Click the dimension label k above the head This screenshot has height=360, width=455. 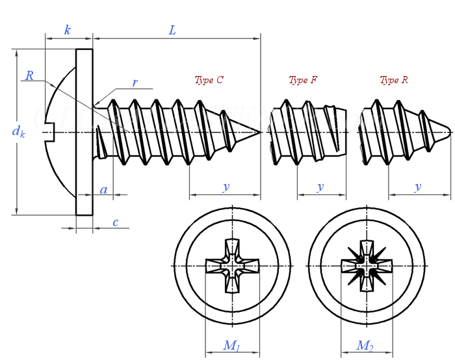pyautogui.click(x=68, y=30)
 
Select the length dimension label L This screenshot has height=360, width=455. pyautogui.click(x=172, y=30)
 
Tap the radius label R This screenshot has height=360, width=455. pyautogui.click(x=29, y=76)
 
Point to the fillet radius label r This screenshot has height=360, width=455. pyautogui.click(x=135, y=83)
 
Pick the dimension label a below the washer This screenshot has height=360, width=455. pyautogui.click(x=103, y=190)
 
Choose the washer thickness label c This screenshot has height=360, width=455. pyautogui.click(x=115, y=222)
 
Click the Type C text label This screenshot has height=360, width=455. pyautogui.click(x=209, y=80)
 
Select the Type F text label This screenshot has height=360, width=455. pyautogui.click(x=303, y=80)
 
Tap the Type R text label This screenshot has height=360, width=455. pyautogui.click(x=394, y=80)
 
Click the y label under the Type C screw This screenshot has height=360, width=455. pyautogui.click(x=226, y=186)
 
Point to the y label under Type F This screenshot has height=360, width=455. pyautogui.click(x=320, y=186)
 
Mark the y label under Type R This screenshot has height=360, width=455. pyautogui.click(x=418, y=186)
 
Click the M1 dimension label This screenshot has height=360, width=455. pyautogui.click(x=231, y=346)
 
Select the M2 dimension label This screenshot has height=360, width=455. pyautogui.click(x=365, y=346)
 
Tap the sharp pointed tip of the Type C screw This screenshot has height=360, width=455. pyautogui.click(x=259, y=133)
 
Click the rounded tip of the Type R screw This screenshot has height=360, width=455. pyautogui.click(x=449, y=132)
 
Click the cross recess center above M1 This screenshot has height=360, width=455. pyautogui.click(x=232, y=266)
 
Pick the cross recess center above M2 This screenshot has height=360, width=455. pyautogui.click(x=367, y=266)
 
